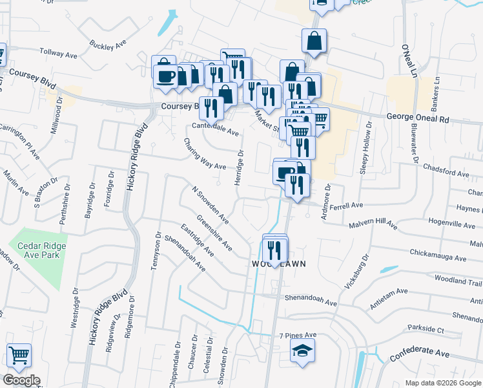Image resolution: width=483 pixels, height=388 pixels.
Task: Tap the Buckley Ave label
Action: tap(107, 46)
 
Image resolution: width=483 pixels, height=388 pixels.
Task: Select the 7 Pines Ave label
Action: tap(298, 335)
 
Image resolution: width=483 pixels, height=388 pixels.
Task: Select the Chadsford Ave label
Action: tap(446, 173)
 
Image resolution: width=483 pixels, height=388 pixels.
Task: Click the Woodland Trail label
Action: tap(458, 282)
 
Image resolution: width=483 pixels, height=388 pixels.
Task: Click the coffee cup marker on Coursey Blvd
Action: tap(165, 76)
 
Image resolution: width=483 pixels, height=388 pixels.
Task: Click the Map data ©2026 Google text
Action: tap(443, 383)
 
